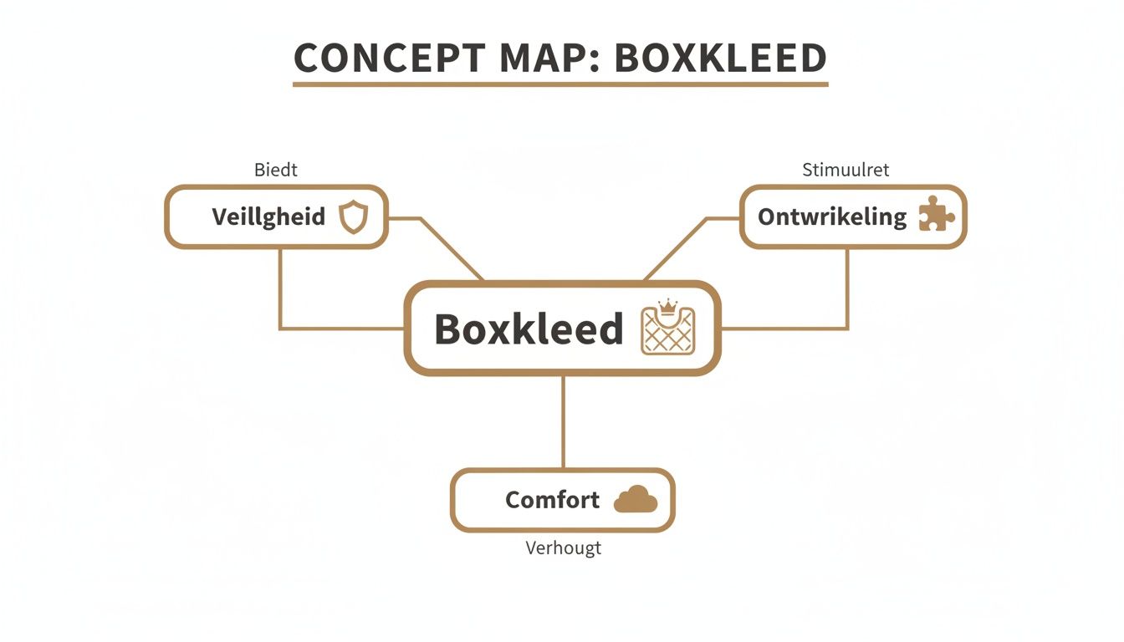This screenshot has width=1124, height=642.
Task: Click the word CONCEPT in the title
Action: pos(390,58)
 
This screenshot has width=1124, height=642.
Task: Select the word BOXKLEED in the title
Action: pos(721,58)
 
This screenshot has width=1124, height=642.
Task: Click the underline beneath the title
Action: pos(560,84)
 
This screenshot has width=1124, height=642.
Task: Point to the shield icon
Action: pos(352,217)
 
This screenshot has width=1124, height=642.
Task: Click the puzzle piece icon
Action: pos(936,215)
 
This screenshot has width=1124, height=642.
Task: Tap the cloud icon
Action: pos(636,500)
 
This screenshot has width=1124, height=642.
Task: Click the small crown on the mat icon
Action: pos(667,307)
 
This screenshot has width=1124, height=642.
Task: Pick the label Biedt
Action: pos(275,171)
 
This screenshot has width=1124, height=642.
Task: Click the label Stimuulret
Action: pos(846,171)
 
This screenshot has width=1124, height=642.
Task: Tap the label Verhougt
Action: pos(563,548)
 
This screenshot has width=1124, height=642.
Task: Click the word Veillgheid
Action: pos(268,217)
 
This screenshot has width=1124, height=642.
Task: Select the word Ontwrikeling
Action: pos(831,217)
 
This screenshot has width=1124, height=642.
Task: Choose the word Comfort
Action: pos(552,500)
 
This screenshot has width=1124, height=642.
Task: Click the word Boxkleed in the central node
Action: pos(529,329)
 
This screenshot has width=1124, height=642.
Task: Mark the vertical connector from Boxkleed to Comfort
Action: pos(563,422)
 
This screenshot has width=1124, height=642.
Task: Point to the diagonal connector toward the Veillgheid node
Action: pos(452,249)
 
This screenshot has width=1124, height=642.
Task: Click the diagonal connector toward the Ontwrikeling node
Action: pos(676,249)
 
